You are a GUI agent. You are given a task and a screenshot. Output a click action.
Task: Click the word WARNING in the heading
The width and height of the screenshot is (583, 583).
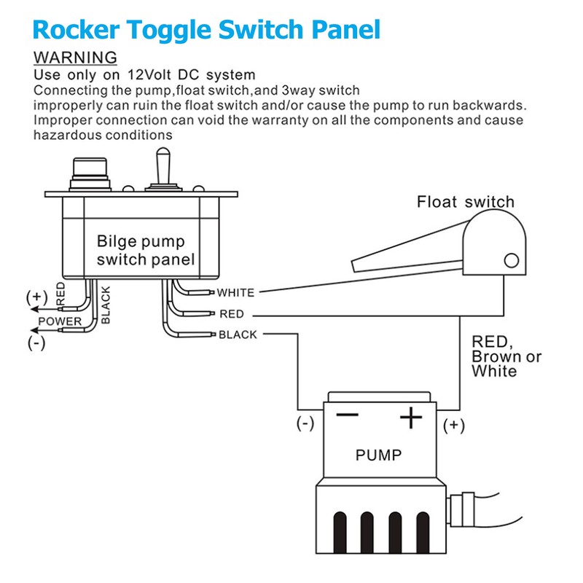(75, 57)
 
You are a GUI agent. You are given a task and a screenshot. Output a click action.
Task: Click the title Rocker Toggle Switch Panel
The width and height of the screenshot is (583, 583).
(207, 29)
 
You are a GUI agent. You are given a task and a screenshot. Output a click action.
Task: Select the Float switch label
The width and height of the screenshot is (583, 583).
(465, 202)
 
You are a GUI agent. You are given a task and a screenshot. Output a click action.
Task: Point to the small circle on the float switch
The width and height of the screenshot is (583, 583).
(512, 260)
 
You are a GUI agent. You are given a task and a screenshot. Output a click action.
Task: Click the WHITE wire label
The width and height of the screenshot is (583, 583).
(235, 293)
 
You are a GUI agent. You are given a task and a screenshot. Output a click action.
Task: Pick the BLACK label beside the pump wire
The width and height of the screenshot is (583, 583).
(238, 335)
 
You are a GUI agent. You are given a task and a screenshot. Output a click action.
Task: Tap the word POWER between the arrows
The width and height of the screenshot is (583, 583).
(60, 321)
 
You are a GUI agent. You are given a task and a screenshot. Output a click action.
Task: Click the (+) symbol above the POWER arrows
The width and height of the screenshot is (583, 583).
(35, 297)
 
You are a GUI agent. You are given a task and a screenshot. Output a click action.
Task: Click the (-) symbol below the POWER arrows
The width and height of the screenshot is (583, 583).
(35, 343)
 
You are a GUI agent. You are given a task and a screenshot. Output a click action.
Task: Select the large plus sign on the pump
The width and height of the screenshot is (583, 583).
(412, 418)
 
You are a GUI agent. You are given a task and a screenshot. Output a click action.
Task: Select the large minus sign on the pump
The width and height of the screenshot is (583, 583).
(347, 415)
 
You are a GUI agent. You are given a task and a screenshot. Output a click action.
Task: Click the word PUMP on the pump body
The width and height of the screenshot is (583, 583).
(378, 455)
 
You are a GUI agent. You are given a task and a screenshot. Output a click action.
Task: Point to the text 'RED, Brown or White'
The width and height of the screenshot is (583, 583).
(506, 356)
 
